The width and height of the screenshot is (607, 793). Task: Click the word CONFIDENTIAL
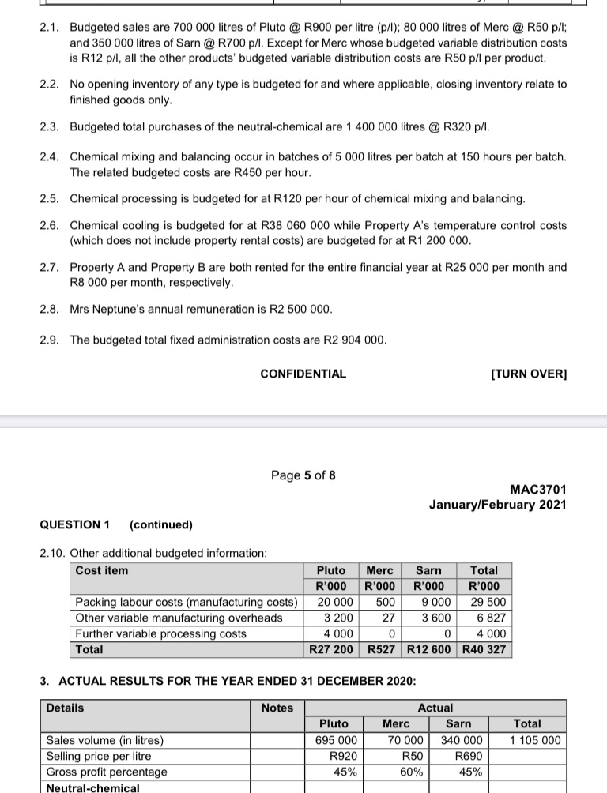(x=303, y=374)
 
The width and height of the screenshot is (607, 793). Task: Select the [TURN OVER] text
(x=529, y=374)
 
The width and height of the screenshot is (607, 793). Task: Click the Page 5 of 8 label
(x=303, y=475)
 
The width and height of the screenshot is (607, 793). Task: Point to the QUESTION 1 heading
(x=75, y=524)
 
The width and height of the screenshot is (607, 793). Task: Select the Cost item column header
(x=102, y=570)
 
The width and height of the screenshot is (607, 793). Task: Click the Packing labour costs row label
(x=187, y=602)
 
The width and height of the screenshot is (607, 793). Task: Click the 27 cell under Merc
(x=388, y=618)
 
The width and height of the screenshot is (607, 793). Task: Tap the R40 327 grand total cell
(x=484, y=649)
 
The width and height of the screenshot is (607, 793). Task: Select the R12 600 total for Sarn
(x=430, y=649)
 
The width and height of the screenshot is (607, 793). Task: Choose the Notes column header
(x=277, y=708)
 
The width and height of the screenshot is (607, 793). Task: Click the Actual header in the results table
(x=435, y=708)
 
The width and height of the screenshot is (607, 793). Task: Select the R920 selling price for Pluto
(x=340, y=756)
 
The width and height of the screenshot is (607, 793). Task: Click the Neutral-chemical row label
(x=92, y=787)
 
